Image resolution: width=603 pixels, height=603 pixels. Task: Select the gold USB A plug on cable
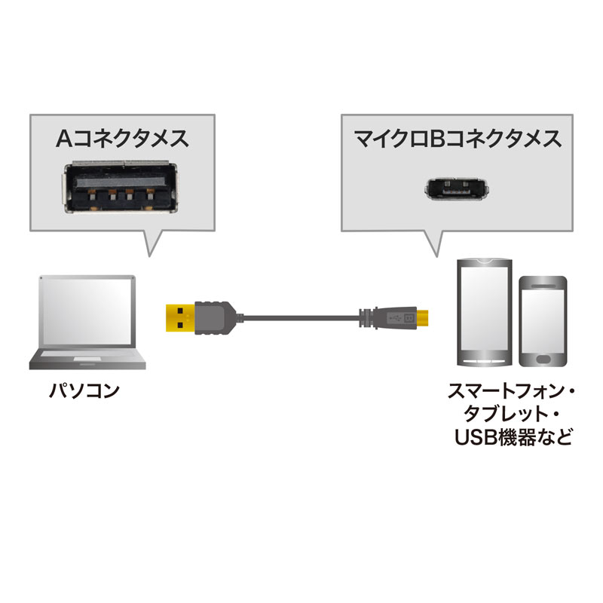[179, 316]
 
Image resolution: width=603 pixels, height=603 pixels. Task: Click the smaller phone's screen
[543, 320]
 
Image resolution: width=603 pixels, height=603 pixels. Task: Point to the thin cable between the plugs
[301, 317]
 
